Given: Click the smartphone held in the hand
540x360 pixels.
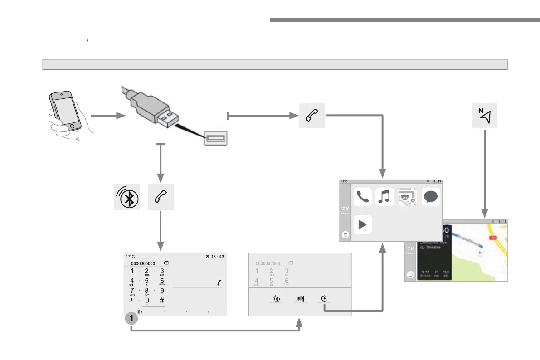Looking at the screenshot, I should tap(65, 111).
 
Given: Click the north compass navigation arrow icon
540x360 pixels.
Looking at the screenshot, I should tap(484, 116).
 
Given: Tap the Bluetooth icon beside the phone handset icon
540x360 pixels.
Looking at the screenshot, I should tap(127, 198).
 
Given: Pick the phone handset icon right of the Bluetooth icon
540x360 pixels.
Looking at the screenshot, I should tap(161, 198).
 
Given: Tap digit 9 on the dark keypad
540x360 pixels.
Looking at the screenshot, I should tap(162, 291).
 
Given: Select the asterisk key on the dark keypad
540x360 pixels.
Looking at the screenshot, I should tap(132, 300).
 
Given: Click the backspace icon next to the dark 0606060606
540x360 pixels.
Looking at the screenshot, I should tap(165, 263).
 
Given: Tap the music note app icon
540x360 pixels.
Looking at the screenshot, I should tap(384, 197).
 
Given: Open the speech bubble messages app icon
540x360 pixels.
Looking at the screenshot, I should tap(431, 197).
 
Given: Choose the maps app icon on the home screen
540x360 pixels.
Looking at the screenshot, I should tap(408, 197).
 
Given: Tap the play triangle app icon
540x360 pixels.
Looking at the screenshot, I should tap(362, 224).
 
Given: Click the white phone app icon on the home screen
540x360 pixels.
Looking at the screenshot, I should tap(362, 197).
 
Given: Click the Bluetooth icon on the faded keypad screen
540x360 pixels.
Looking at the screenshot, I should tap(275, 299).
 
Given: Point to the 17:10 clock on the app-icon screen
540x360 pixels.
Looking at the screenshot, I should tap(345, 209).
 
